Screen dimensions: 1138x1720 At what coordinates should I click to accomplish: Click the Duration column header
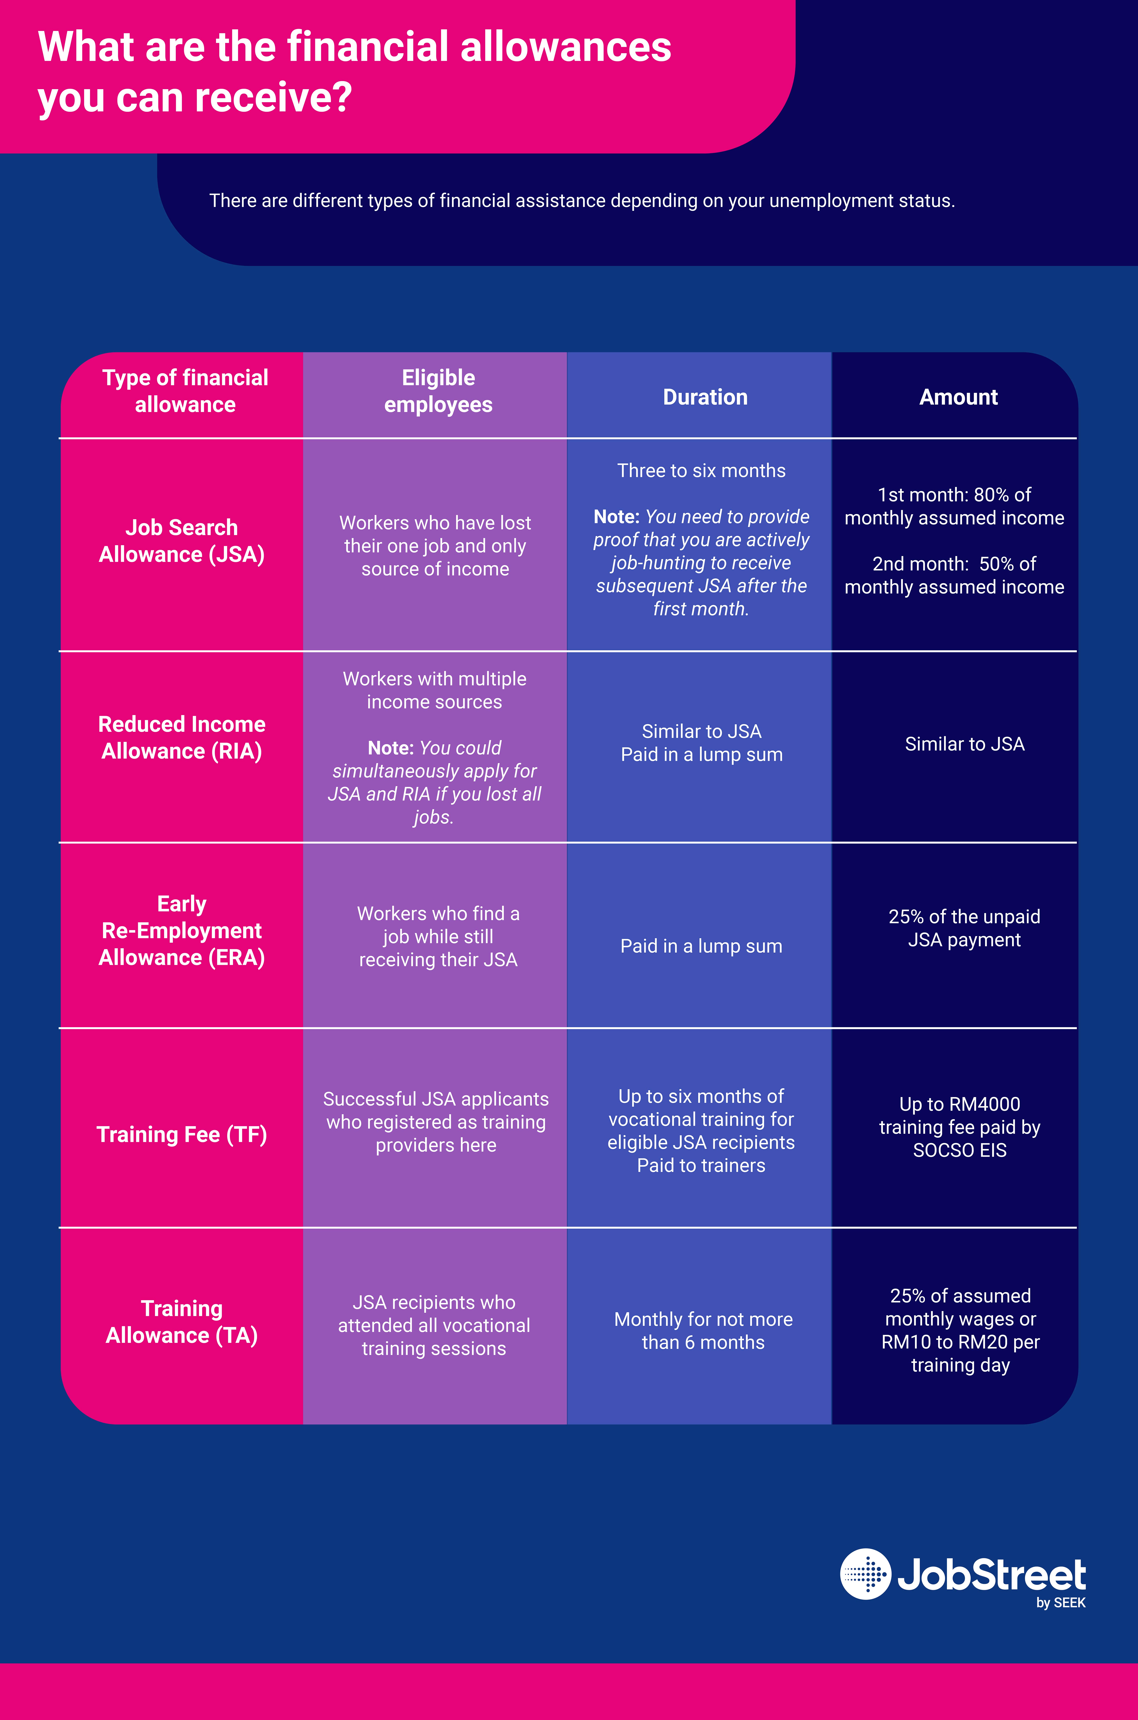(x=705, y=397)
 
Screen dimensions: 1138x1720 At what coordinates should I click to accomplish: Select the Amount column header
(x=958, y=397)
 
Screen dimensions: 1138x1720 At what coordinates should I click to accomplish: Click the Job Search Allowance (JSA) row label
(x=182, y=541)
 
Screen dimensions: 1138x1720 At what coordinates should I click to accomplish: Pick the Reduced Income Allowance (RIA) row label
(x=182, y=738)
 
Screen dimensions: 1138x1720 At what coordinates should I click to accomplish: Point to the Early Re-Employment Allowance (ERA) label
(x=182, y=931)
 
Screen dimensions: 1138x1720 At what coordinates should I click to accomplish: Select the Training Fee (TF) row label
(x=182, y=1134)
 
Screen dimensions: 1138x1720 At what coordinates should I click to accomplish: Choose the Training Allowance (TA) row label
(x=182, y=1322)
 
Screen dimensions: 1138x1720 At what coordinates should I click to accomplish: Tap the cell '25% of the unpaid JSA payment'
(x=964, y=928)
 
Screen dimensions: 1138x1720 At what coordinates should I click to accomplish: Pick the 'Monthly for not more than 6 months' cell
(x=703, y=1331)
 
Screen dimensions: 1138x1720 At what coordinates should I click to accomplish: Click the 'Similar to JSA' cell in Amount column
(x=964, y=744)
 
